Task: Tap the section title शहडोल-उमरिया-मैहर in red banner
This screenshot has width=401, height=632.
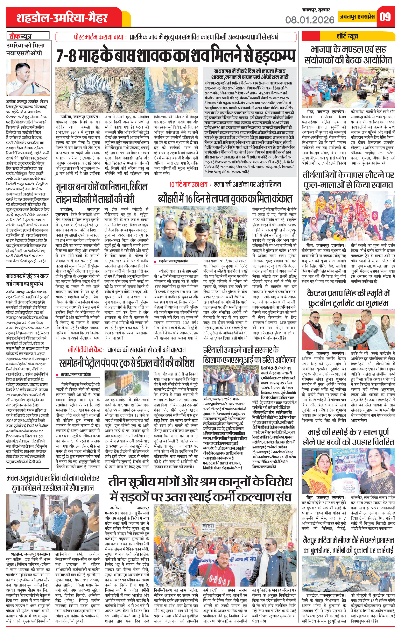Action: tap(62, 18)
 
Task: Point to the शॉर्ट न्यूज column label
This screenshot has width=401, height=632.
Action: tap(348, 36)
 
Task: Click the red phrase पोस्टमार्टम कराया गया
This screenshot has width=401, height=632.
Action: tap(98, 37)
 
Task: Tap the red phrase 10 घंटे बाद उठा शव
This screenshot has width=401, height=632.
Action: tap(189, 185)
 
